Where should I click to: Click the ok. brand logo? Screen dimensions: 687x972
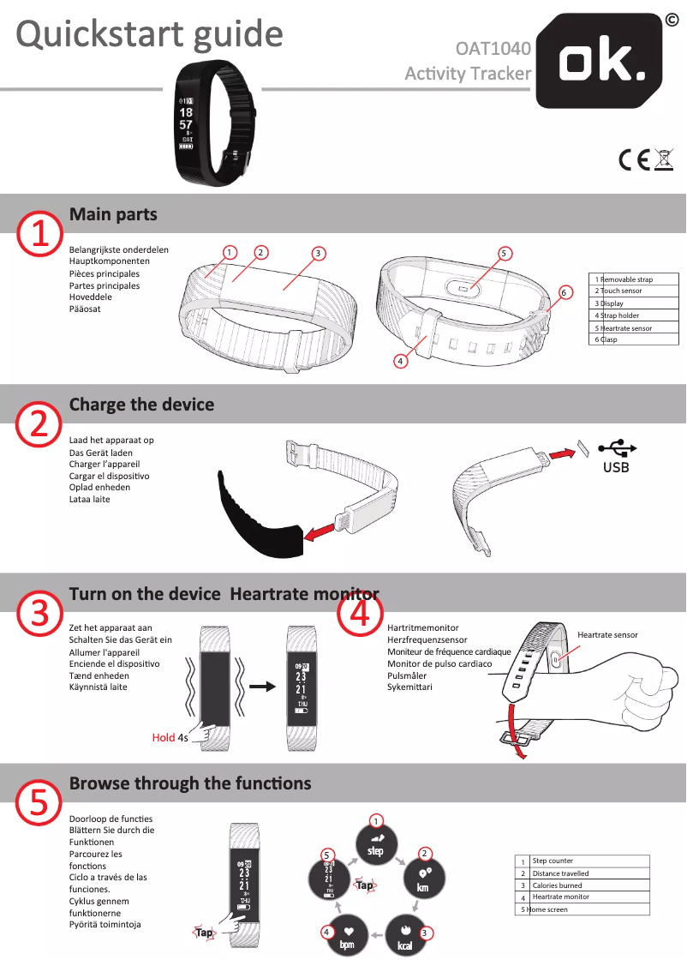tap(599, 61)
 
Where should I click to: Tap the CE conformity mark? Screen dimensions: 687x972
tap(634, 160)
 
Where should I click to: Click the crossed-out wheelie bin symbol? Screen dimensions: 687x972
tap(664, 160)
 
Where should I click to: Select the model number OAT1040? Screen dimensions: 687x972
tap(493, 48)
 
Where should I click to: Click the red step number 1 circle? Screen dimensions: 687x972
tap(39, 234)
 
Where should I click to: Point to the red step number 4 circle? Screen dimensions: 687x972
tap(360, 614)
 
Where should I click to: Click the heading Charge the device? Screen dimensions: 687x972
tap(141, 405)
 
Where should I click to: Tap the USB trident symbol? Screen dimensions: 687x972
tap(617, 447)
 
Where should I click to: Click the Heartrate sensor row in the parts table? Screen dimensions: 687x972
tap(633, 328)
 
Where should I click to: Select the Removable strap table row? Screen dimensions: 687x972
tap(633, 279)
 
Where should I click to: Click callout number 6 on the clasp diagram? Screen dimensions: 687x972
tap(564, 292)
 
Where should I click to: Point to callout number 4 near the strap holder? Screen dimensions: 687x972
tap(401, 361)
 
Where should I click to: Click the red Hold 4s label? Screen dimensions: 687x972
tap(170, 737)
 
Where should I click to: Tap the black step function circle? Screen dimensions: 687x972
tap(376, 844)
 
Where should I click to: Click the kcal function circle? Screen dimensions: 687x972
tap(405, 935)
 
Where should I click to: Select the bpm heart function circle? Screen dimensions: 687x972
tap(348, 935)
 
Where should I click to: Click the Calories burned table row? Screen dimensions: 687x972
tap(582, 885)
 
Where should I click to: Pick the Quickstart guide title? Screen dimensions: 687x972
tap(149, 33)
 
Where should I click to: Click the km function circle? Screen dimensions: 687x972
tap(424, 879)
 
